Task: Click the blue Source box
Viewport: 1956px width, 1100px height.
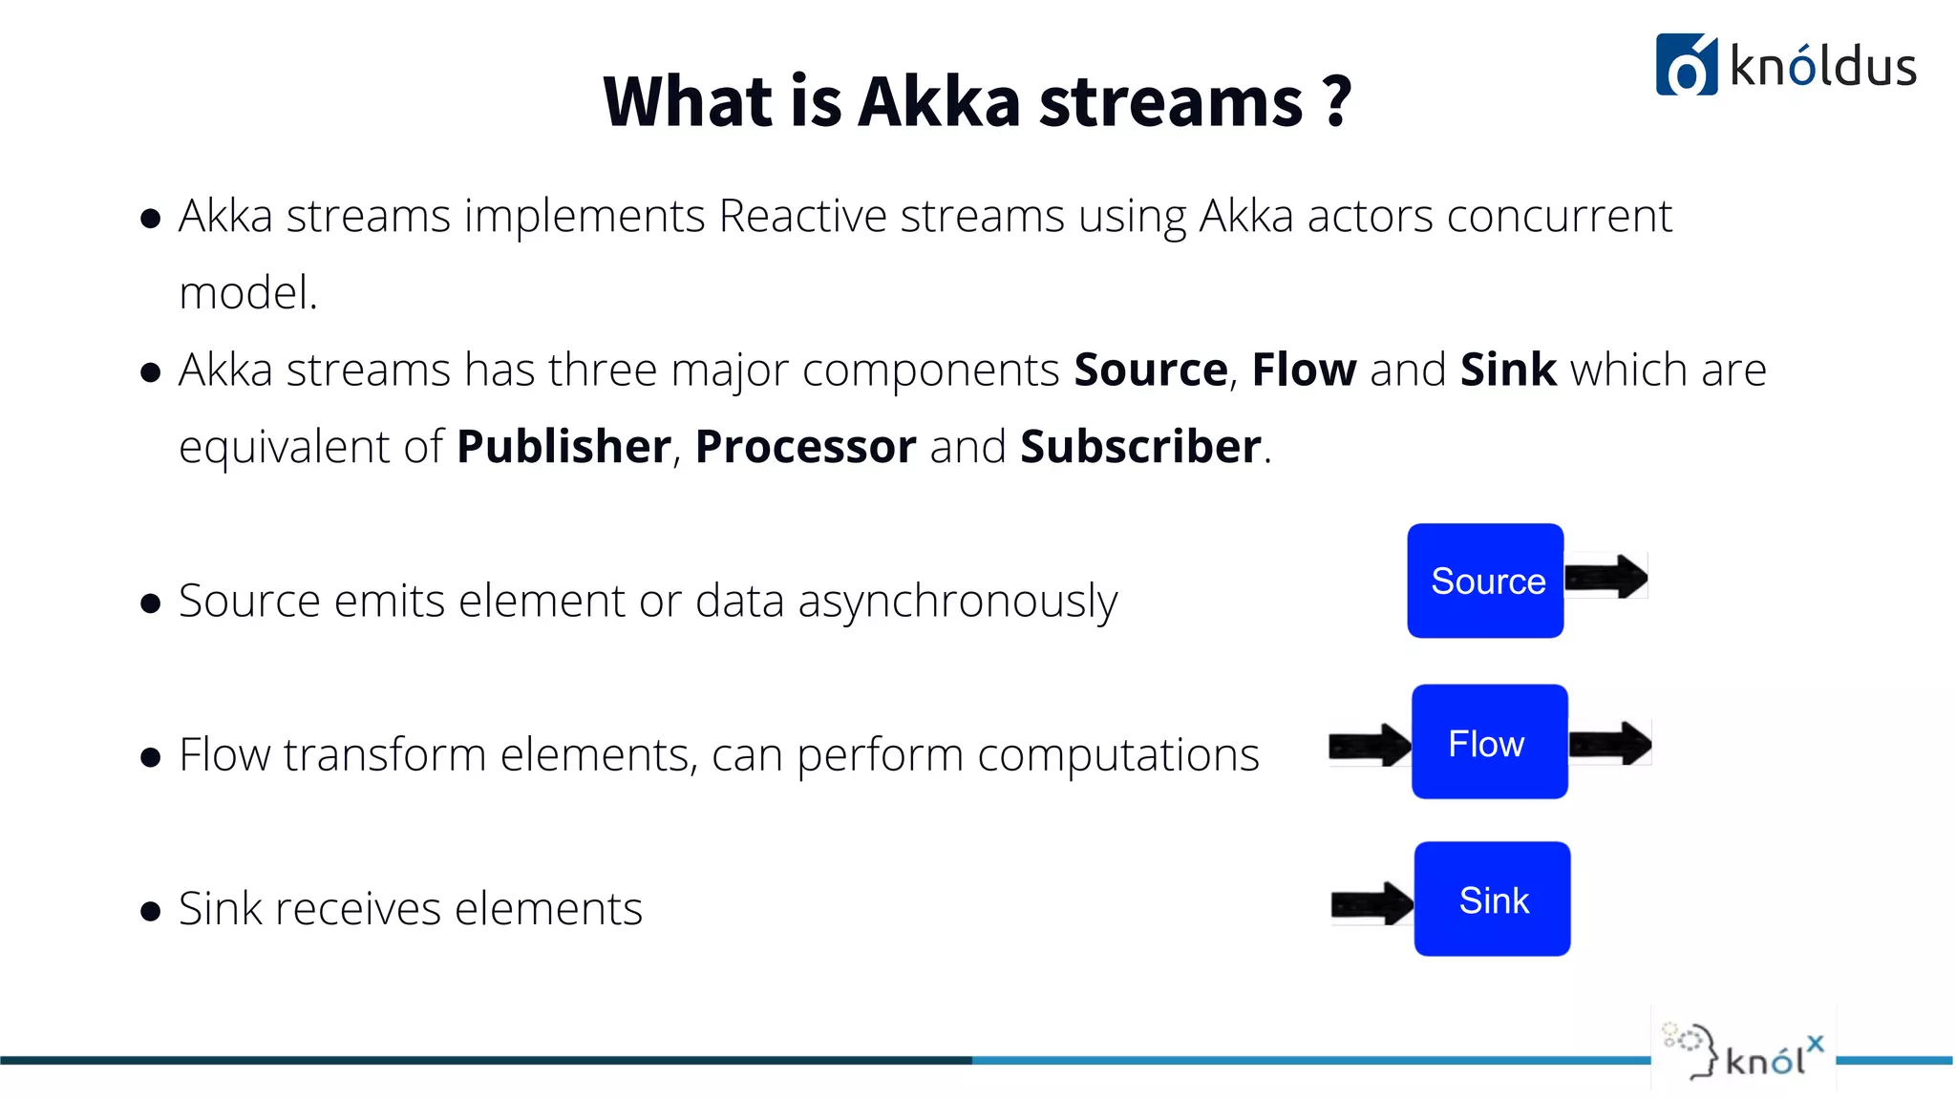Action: pyautogui.click(x=1485, y=581)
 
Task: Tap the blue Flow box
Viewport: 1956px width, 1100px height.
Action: pyautogui.click(x=1489, y=742)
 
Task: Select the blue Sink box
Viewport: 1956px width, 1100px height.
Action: pyautogui.click(x=1492, y=899)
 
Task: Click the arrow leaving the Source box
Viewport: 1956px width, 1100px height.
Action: pyautogui.click(x=1606, y=577)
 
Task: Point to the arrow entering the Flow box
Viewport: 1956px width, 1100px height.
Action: pyautogui.click(x=1370, y=745)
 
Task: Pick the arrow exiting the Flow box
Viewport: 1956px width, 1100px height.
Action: pyautogui.click(x=1610, y=744)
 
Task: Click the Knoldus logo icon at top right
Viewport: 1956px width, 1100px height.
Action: pyautogui.click(x=1686, y=65)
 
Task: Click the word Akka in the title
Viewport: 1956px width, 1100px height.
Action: pyautogui.click(x=939, y=101)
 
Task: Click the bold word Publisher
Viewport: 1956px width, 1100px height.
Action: pyautogui.click(x=563, y=447)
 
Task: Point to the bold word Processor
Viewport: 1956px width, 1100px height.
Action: pyautogui.click(x=805, y=447)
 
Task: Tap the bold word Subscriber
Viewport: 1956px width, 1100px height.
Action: pyautogui.click(x=1140, y=447)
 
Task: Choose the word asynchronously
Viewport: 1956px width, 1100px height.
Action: pyautogui.click(x=957, y=602)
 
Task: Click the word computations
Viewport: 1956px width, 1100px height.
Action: pyautogui.click(x=1117, y=755)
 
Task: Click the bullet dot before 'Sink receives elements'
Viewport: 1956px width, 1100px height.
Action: pyautogui.click(x=150, y=911)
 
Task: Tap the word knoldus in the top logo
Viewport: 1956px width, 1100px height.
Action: pyautogui.click(x=1822, y=67)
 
